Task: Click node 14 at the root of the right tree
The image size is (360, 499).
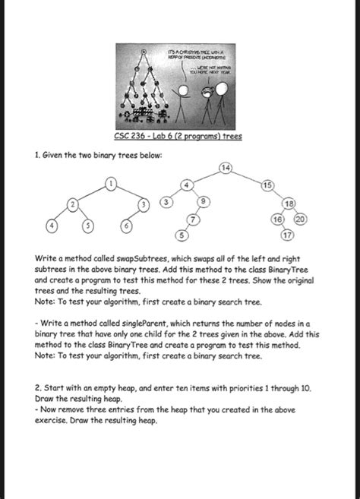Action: (x=225, y=167)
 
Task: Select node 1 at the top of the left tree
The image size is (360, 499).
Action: (x=111, y=183)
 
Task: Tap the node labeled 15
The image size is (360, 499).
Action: (x=267, y=186)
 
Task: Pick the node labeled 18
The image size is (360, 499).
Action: (x=289, y=204)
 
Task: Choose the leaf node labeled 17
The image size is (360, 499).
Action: (x=287, y=235)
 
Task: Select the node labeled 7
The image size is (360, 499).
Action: (x=193, y=219)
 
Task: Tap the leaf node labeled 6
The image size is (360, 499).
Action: (x=128, y=228)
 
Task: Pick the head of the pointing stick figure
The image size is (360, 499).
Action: (x=184, y=90)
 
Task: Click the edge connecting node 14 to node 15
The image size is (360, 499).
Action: (x=246, y=176)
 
